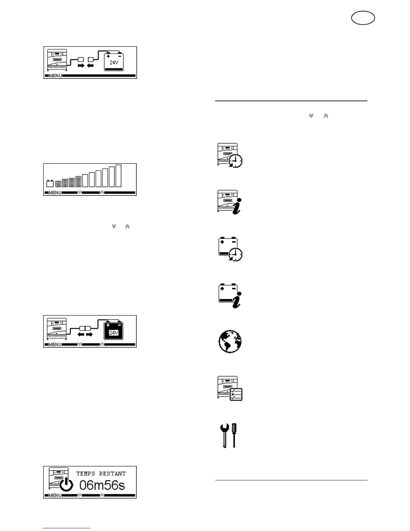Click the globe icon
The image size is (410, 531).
(x=230, y=341)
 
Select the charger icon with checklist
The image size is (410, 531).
(x=230, y=388)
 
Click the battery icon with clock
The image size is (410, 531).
(x=230, y=249)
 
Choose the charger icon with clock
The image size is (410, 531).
(x=230, y=155)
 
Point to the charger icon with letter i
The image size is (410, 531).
(x=229, y=202)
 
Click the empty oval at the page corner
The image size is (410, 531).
(x=363, y=18)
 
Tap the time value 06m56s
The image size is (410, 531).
(x=102, y=485)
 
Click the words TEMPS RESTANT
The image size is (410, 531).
(x=101, y=474)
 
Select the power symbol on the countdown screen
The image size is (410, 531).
(x=66, y=484)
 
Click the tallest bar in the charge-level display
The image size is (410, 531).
(x=118, y=176)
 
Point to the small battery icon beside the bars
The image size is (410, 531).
(x=50, y=183)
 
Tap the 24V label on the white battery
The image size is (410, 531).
(x=114, y=62)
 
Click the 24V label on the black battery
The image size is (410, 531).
(x=114, y=333)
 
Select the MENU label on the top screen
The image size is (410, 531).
(x=55, y=76)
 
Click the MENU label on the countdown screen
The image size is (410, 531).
(x=55, y=495)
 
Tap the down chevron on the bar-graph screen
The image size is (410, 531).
(x=79, y=192)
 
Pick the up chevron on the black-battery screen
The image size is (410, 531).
(x=102, y=344)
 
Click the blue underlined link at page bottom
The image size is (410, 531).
(x=66, y=528)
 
